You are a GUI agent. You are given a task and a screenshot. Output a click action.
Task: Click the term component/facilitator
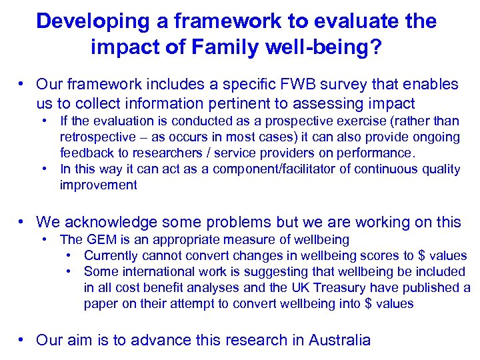(226, 169)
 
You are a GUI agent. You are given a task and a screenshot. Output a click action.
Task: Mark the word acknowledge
(111, 222)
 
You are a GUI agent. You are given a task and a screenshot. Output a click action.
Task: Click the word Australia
(339, 340)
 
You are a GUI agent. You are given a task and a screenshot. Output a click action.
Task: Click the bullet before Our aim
(23, 340)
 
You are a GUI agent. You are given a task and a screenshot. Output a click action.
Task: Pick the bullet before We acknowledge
(23, 222)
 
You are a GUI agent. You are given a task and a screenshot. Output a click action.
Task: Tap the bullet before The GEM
(44, 239)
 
